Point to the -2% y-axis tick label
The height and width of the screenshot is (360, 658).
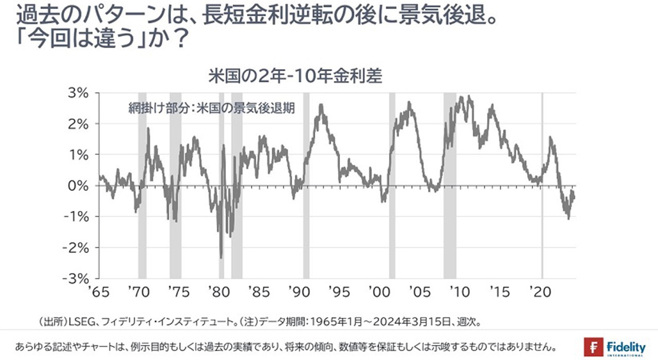(76, 248)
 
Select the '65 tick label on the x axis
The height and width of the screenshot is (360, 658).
(99, 292)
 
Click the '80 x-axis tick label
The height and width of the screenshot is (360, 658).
(219, 292)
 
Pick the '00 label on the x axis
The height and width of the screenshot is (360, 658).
(379, 292)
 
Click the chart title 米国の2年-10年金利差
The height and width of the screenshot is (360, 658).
(295, 76)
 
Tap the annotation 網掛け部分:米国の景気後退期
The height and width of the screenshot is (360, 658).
(211, 108)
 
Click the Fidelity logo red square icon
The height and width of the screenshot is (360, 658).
(593, 347)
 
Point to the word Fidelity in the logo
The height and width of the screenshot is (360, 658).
(626, 347)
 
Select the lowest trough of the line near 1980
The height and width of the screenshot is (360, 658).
(221, 258)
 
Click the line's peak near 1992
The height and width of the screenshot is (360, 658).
(321, 105)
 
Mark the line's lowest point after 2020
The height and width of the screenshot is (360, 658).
(568, 219)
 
